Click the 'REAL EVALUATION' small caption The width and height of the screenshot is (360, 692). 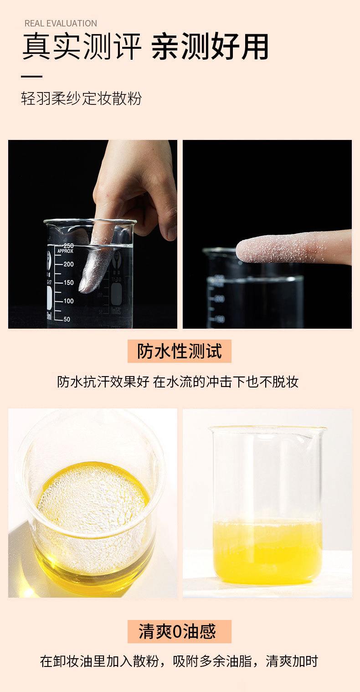61,23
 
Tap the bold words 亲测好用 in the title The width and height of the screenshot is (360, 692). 210,47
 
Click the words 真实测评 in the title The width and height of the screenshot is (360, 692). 82,47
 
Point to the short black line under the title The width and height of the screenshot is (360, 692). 31,77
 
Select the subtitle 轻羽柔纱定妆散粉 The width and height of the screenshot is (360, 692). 82,98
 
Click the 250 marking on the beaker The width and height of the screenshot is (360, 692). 68,246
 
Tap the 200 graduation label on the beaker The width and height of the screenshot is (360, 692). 68,264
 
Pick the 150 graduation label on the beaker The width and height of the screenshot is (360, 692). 68,283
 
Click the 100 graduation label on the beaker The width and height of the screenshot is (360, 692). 68,301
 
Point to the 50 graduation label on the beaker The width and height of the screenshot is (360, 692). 67,319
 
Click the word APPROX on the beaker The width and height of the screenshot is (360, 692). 65,251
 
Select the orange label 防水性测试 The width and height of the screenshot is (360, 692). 180,351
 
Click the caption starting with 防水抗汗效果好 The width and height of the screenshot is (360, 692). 178,382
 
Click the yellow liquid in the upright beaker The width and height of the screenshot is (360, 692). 267,552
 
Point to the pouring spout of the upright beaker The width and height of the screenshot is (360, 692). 321,429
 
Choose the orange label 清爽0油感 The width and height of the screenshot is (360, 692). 180,632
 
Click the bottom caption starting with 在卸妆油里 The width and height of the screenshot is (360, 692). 179,661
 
